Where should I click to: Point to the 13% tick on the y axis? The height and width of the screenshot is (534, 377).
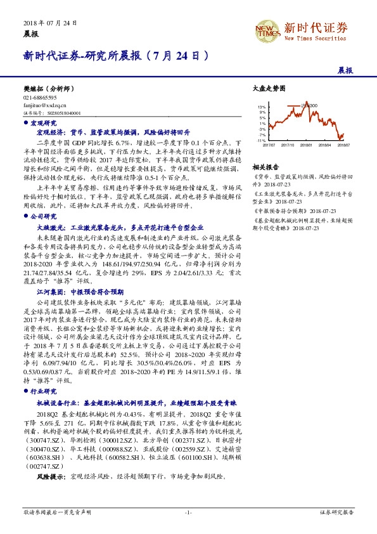pos(262,107)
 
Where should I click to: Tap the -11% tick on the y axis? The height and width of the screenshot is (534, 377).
pos(261,140)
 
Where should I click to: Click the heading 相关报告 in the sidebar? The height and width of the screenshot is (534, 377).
pos(262,167)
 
